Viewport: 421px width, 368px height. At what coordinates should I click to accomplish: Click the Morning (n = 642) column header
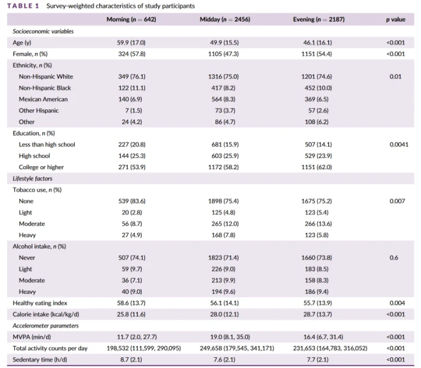point(131,19)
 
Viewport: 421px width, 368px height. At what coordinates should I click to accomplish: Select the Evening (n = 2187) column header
point(319,19)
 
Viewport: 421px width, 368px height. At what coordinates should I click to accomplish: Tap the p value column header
point(396,19)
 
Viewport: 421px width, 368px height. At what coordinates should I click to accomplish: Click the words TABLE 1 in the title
point(23,6)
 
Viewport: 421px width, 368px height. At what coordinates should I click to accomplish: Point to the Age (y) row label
point(22,42)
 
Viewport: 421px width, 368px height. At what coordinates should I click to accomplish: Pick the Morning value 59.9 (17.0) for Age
point(131,42)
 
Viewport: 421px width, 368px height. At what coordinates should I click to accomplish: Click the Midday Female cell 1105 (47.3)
point(223,54)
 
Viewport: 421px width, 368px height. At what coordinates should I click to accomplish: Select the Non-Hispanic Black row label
point(45,88)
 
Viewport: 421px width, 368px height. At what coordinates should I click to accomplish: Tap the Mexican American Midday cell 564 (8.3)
point(223,99)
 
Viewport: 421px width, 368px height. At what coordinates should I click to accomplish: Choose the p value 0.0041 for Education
point(399,145)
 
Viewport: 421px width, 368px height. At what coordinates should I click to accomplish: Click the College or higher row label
point(41,167)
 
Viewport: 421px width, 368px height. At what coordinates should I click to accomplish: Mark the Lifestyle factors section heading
point(32,179)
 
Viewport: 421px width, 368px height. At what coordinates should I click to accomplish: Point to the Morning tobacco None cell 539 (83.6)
point(132,201)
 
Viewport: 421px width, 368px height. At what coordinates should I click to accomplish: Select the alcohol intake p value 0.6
point(394,258)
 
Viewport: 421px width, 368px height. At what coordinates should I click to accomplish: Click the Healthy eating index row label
point(40,303)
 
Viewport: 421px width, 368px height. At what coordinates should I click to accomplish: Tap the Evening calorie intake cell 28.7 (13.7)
point(318,314)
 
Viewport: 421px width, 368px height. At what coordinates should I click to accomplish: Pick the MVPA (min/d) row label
point(32,337)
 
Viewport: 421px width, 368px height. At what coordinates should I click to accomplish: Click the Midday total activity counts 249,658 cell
point(237,348)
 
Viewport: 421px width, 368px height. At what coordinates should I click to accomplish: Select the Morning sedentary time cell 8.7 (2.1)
point(131,360)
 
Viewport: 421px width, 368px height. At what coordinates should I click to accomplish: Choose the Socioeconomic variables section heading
point(43,32)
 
